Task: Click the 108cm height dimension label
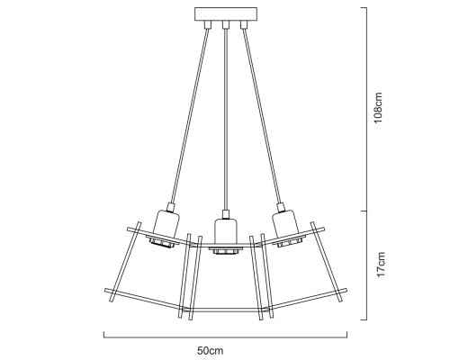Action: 378,107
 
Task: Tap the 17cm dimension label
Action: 381,265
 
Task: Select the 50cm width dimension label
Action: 211,350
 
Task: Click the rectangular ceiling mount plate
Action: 226,14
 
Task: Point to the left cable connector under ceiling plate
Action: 207,25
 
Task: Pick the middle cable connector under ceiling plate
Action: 226,25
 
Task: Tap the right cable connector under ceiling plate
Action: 244,25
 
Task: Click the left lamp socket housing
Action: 166,222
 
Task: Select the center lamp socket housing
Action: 226,231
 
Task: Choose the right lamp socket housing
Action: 285,222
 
